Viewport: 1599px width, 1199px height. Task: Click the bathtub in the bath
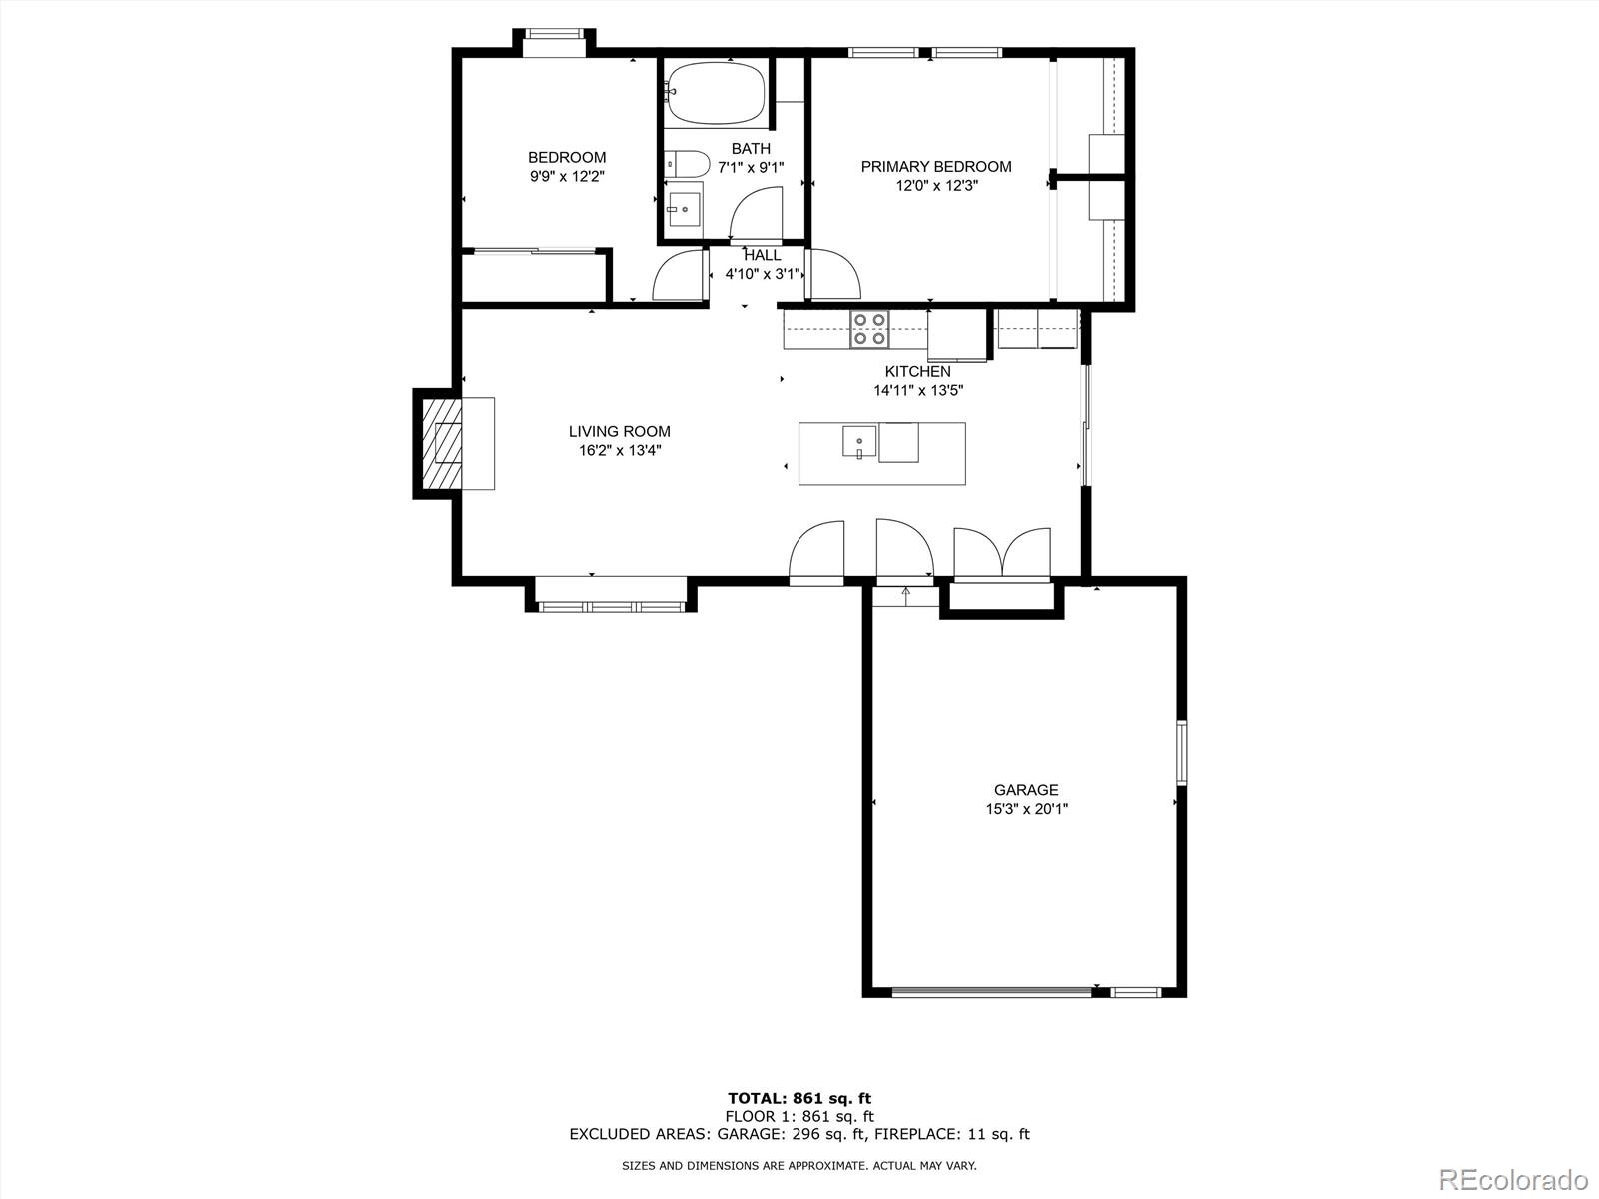[x=716, y=93]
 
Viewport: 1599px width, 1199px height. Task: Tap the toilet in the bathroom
[x=686, y=163]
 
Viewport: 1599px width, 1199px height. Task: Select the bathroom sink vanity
[x=685, y=209]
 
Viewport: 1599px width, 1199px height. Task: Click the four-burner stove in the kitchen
[x=869, y=329]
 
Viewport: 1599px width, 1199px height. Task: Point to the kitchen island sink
[x=859, y=440]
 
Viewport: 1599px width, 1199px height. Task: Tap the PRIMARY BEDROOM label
[x=936, y=167]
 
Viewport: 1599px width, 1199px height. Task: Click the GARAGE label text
[x=1026, y=790]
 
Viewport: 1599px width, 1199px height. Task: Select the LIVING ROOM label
[x=619, y=432]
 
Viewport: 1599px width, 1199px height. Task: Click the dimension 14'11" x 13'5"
[x=917, y=391]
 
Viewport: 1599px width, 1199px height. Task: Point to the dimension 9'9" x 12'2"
[x=567, y=176]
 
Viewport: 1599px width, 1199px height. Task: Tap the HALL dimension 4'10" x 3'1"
[x=763, y=274]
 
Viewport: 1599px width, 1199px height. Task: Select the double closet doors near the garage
[x=1002, y=553]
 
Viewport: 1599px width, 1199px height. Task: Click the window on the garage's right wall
[x=1181, y=752]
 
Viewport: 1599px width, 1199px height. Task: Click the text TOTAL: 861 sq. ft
[x=799, y=1099]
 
